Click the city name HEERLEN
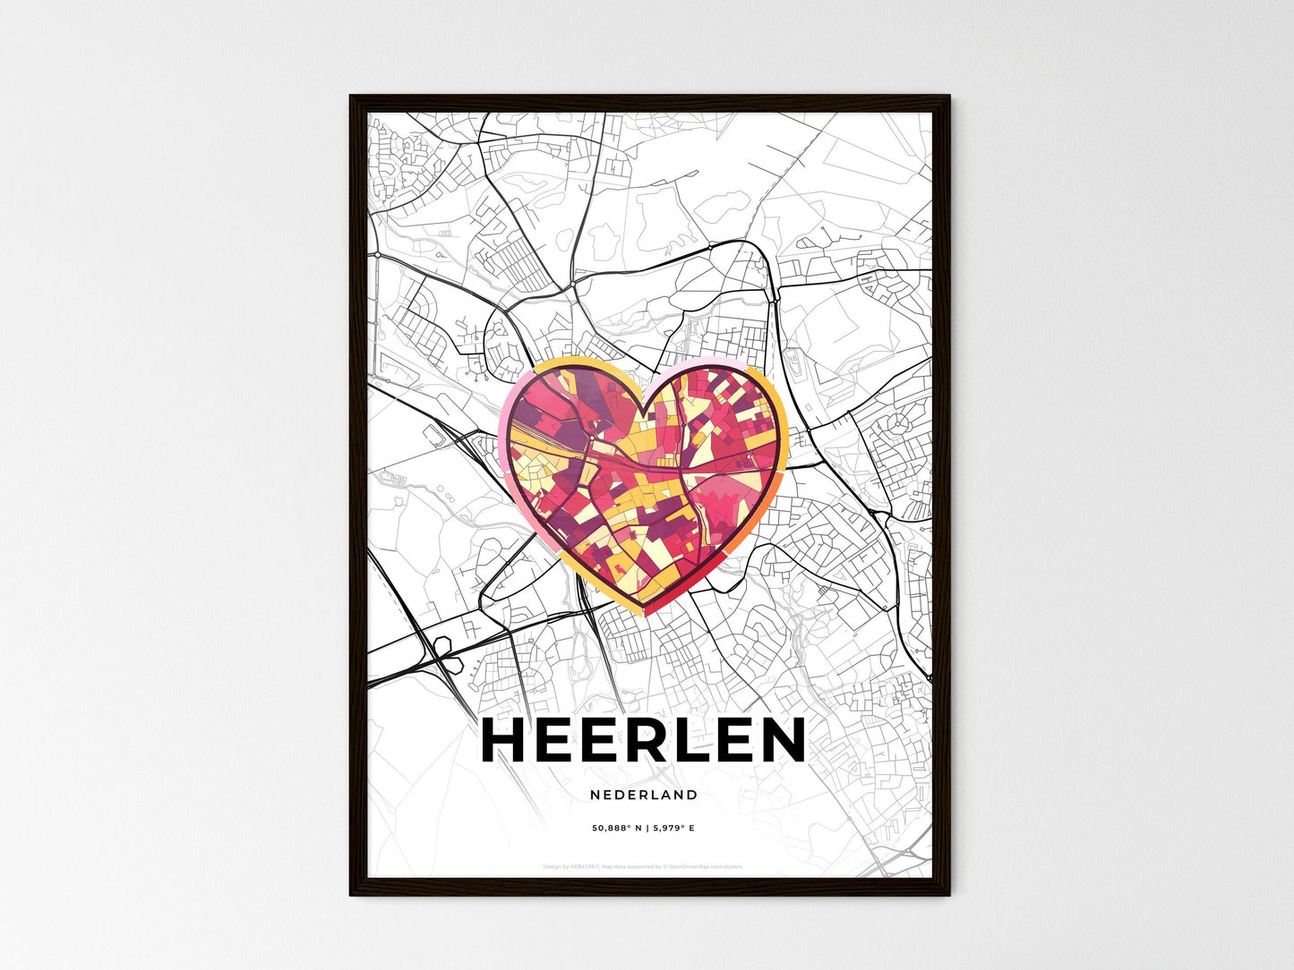(643, 741)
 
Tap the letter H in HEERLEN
(505, 741)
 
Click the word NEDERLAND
(643, 795)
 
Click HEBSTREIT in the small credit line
(585, 866)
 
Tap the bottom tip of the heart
(646, 613)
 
